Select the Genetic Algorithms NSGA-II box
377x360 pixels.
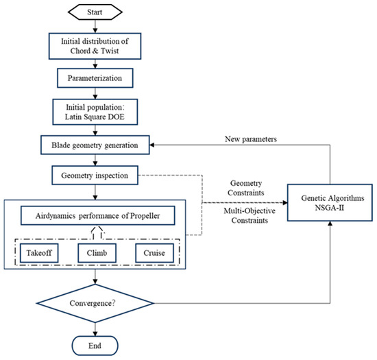pos(332,203)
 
